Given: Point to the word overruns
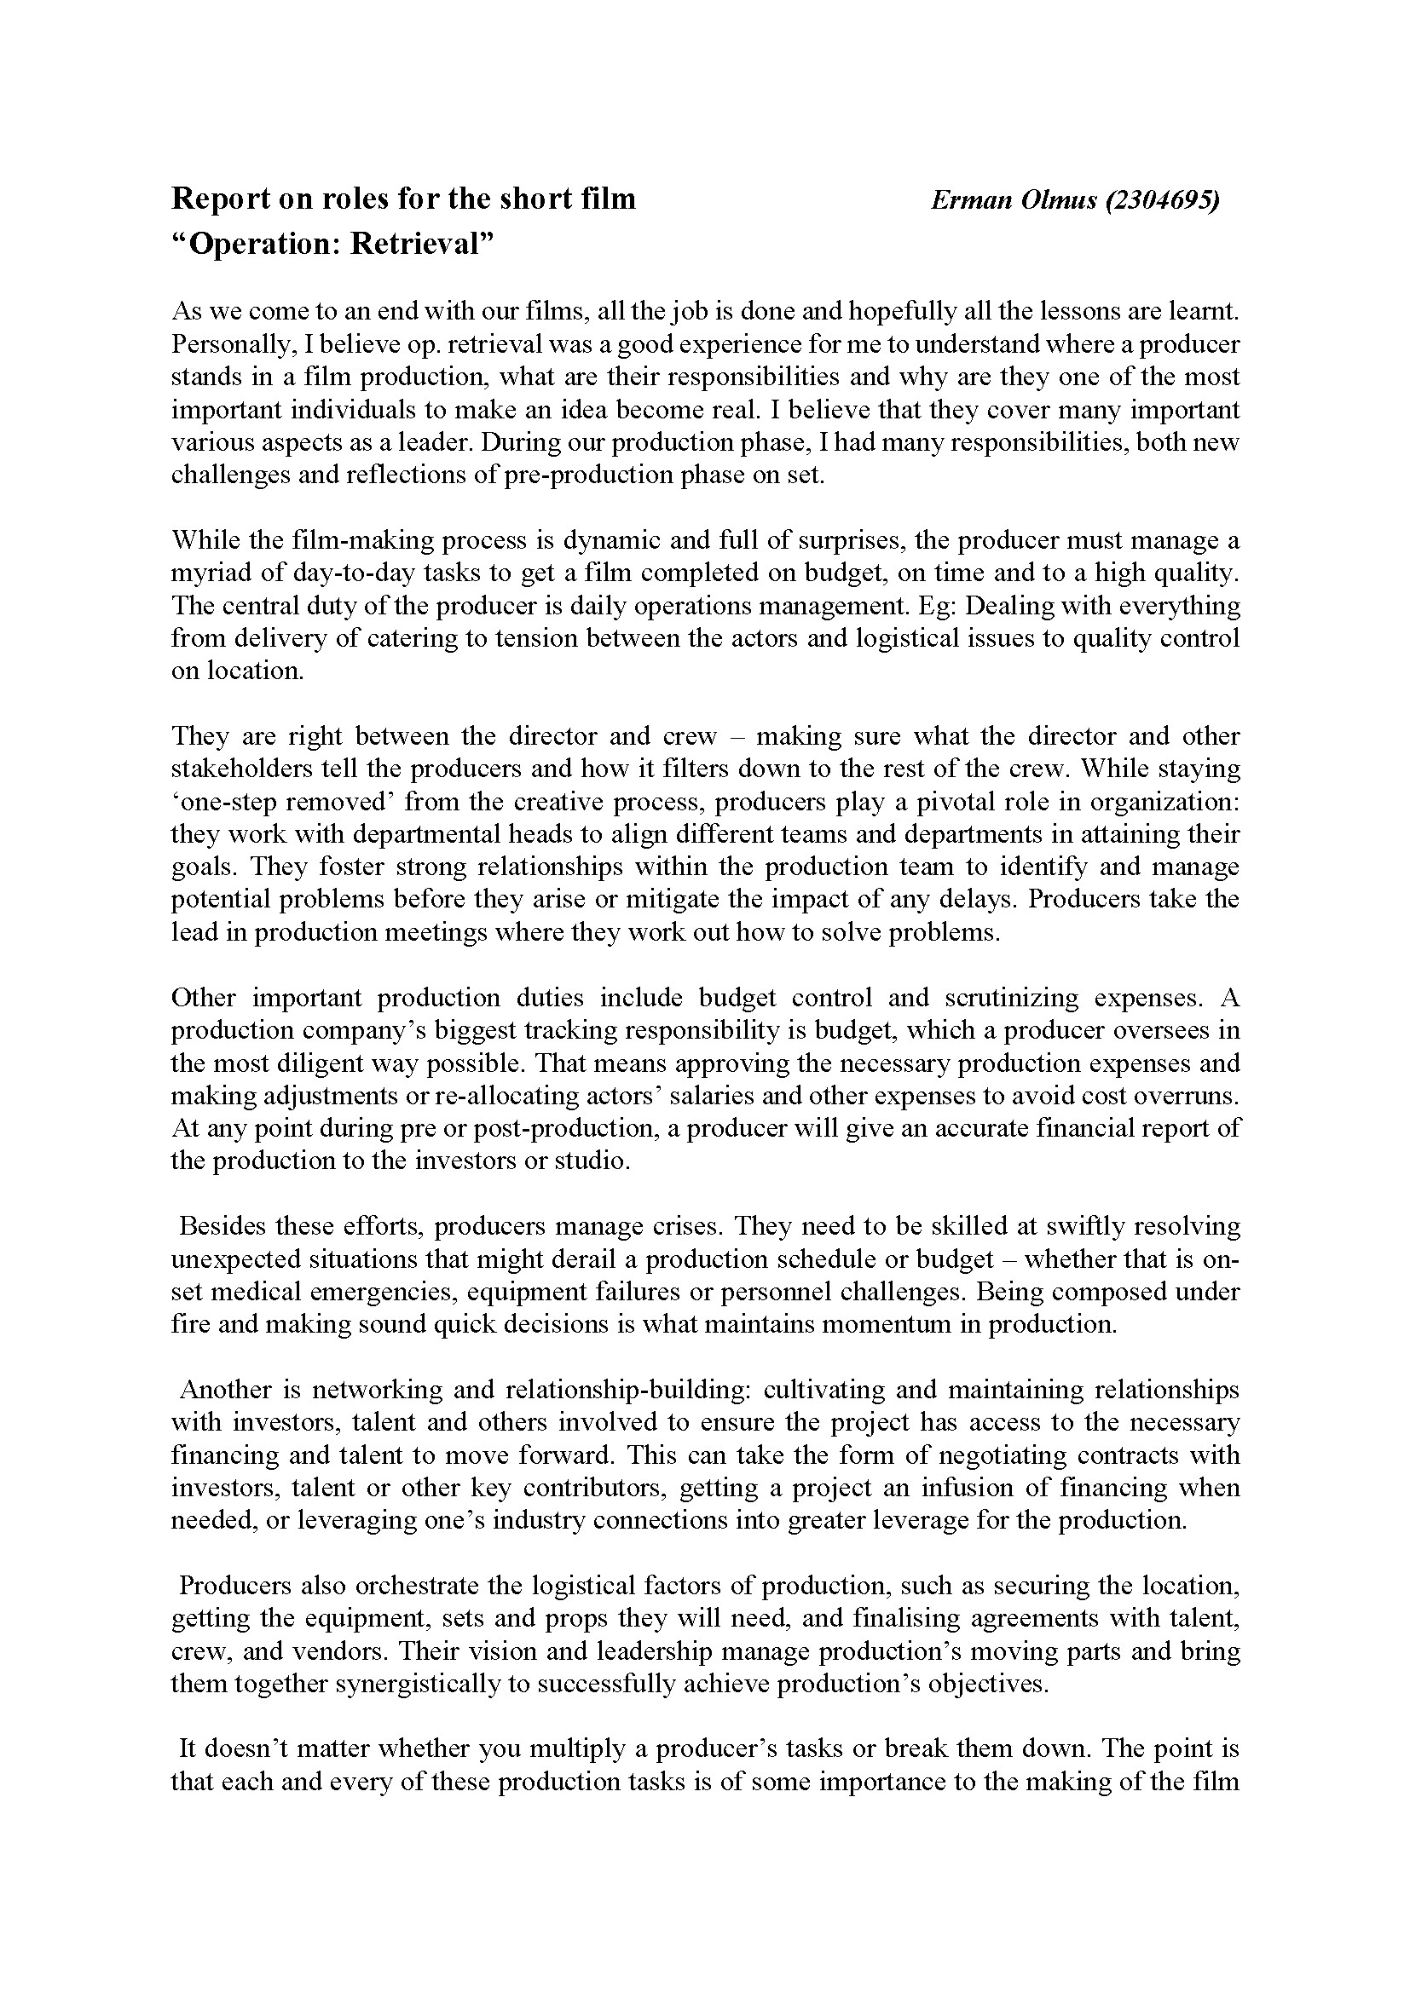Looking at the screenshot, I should pos(1190,1096).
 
